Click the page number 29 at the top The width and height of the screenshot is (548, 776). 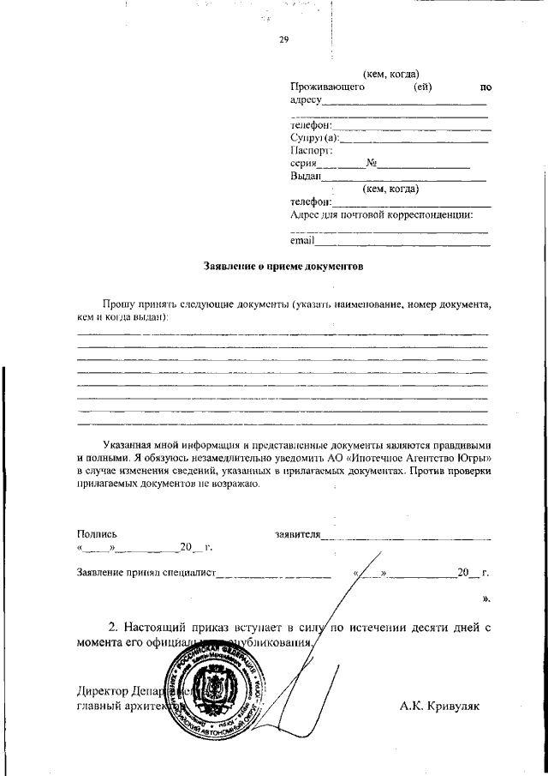pyautogui.click(x=284, y=39)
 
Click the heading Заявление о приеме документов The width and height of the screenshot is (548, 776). pyautogui.click(x=283, y=267)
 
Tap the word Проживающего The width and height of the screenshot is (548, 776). pyautogui.click(x=328, y=87)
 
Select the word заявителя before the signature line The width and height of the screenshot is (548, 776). pyautogui.click(x=297, y=533)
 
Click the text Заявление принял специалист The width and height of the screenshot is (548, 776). pyautogui.click(x=146, y=572)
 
